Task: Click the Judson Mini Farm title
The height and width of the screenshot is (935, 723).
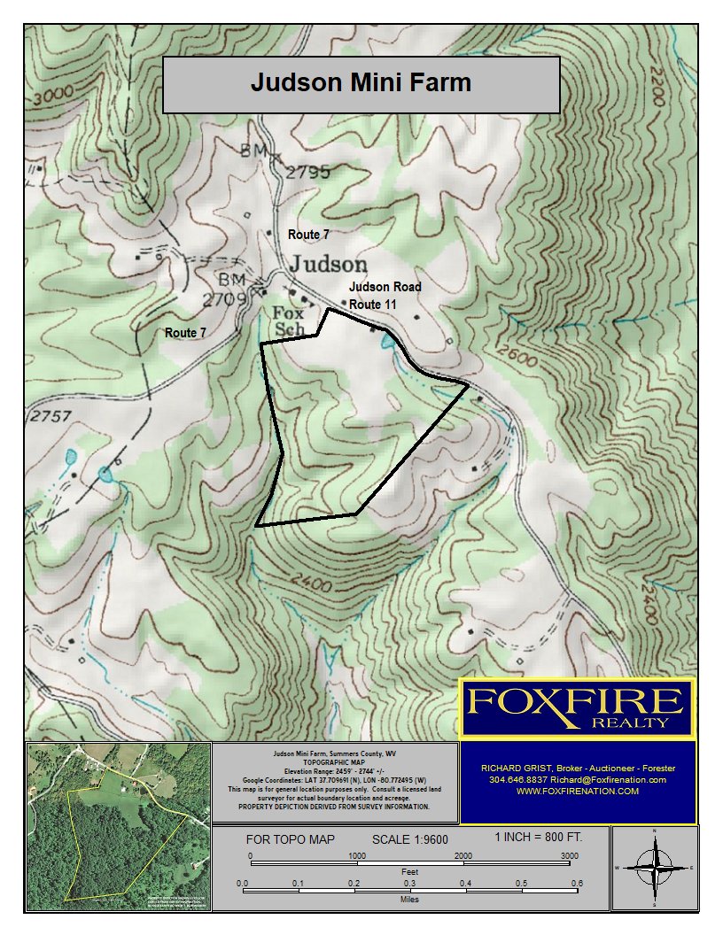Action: (x=361, y=83)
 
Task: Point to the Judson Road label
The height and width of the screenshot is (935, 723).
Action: (x=385, y=287)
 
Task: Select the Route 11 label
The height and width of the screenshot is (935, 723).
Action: (x=372, y=305)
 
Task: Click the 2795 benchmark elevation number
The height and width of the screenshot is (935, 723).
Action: (x=307, y=173)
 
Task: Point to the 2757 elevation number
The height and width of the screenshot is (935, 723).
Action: (x=51, y=416)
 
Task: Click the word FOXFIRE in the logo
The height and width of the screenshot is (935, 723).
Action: (x=576, y=703)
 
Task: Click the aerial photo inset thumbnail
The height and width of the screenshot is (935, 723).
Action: (x=117, y=826)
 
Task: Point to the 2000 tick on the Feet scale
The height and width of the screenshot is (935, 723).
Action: (x=463, y=856)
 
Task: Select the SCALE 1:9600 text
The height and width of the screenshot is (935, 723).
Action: (x=410, y=839)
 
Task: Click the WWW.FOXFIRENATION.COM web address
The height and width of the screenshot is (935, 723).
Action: (x=578, y=792)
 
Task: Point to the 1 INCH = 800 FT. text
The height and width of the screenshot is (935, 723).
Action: (x=538, y=837)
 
